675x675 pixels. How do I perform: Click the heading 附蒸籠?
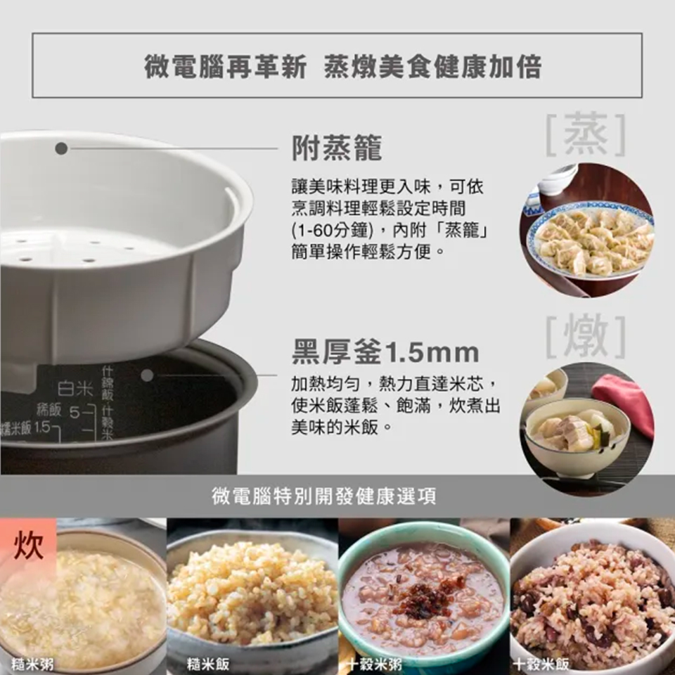click(337, 148)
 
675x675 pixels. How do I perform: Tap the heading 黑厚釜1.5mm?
click(385, 351)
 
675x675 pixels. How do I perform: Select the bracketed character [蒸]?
click(586, 134)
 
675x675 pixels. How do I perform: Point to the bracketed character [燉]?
click(586, 337)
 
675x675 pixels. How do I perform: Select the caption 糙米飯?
click(207, 663)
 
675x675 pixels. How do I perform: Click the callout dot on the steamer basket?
click(62, 148)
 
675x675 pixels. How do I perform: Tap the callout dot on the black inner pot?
click(147, 375)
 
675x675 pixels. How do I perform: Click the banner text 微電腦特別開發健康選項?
click(324, 496)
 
